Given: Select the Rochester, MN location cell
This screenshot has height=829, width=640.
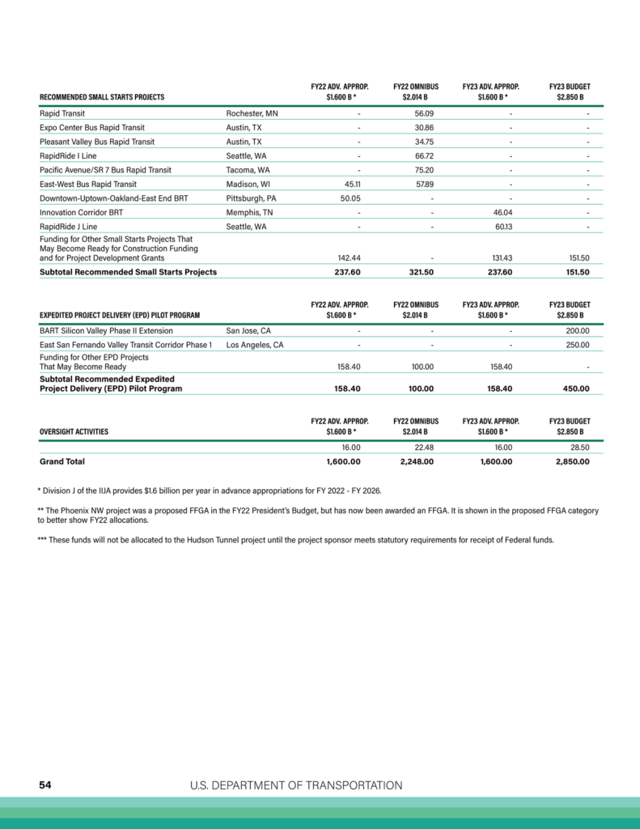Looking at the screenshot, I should click(252, 113).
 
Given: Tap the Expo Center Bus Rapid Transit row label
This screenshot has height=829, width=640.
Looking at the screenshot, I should click(91, 128).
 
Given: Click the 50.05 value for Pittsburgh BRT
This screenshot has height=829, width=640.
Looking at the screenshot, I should click(350, 198).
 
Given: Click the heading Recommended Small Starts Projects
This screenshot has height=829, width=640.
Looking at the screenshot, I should click(102, 97).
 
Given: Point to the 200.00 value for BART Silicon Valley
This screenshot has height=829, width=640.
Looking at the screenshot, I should click(577, 330).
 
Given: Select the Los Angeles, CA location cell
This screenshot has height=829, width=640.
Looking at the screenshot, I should click(255, 345).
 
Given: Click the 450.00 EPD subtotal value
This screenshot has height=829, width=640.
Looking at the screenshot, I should click(574, 389).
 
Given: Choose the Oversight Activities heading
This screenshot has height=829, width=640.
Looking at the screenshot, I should click(74, 432).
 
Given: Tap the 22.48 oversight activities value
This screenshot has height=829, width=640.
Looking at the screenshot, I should click(423, 447).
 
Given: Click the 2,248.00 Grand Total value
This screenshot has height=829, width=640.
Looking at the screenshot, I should click(417, 462).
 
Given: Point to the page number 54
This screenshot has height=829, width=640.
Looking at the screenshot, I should click(47, 785).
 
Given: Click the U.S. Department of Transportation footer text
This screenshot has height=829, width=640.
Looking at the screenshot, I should click(296, 785).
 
